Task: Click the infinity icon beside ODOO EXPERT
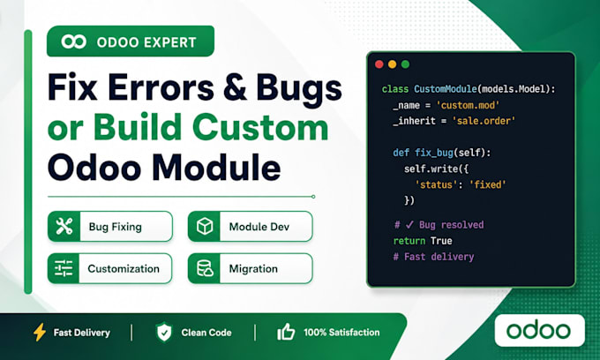click(74, 41)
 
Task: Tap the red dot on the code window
click(379, 64)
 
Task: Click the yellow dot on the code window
click(393, 64)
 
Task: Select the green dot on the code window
click(405, 64)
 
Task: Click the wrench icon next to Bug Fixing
click(64, 227)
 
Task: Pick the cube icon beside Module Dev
click(205, 227)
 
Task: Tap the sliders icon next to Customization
click(64, 268)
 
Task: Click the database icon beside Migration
click(205, 268)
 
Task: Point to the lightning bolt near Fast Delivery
click(40, 332)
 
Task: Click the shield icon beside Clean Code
click(164, 332)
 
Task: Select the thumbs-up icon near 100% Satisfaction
click(286, 332)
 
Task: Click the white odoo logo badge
click(539, 331)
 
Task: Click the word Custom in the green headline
click(260, 128)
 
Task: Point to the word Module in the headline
click(216, 167)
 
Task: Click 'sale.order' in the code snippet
click(484, 121)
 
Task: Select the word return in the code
click(409, 241)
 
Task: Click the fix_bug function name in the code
click(434, 153)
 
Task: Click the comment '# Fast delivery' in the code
click(433, 257)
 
